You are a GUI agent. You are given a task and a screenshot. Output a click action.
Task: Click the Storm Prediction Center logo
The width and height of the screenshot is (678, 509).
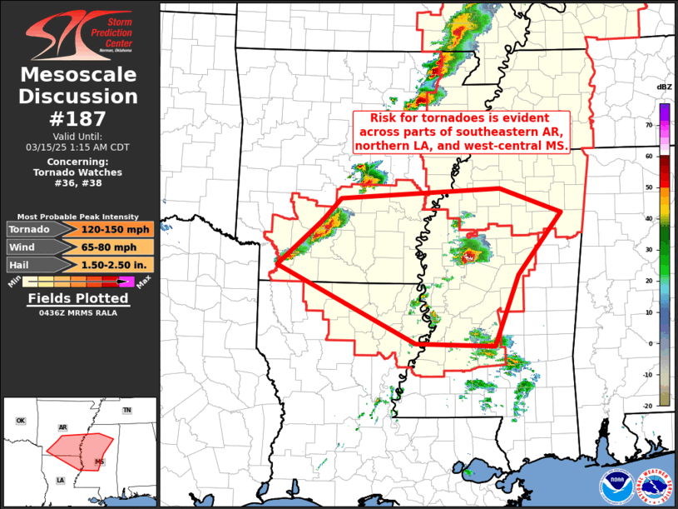[79, 32]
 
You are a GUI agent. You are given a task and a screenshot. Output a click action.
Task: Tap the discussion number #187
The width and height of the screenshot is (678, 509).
[79, 118]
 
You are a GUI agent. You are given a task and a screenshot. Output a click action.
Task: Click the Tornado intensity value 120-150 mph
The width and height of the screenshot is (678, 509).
[116, 229]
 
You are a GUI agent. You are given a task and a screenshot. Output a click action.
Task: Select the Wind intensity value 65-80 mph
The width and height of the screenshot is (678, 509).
[116, 247]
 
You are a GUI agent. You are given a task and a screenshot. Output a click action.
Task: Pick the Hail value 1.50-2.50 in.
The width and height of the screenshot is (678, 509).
[116, 264]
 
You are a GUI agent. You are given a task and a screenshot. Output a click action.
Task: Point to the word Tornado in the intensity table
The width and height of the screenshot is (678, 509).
[29, 229]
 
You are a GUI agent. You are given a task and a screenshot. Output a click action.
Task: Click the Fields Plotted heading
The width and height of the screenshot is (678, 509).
[79, 298]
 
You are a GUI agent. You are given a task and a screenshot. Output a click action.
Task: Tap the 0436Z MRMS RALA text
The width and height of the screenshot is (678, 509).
[79, 313]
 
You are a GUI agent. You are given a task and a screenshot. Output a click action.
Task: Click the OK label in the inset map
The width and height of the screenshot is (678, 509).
[20, 421]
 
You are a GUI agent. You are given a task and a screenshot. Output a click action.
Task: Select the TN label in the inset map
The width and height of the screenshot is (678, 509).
[127, 411]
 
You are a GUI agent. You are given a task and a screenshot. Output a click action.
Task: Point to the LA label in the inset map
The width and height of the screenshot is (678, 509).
[60, 480]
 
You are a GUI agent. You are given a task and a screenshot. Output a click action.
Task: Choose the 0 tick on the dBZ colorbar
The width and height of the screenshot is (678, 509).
[648, 343]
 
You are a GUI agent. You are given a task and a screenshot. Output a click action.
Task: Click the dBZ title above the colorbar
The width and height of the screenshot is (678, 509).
[664, 87]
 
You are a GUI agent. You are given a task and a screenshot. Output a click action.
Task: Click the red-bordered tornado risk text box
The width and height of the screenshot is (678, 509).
[460, 132]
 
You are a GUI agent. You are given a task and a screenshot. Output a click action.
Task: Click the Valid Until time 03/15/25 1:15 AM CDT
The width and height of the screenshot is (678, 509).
[79, 147]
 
